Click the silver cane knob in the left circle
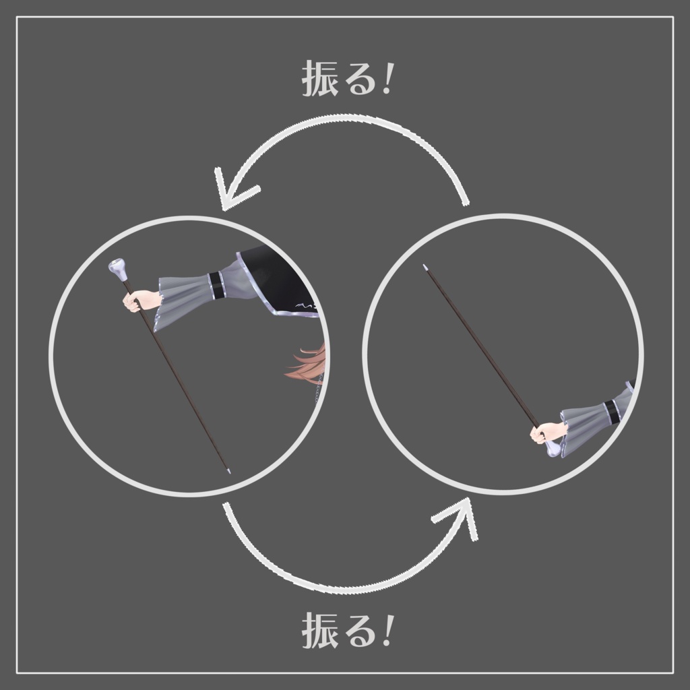point(118,270)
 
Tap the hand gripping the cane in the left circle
point(137,301)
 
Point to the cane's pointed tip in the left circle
point(228,471)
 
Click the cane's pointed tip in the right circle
point(425,267)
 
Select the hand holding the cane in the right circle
point(545,433)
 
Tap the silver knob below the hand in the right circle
point(553,449)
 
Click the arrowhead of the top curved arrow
point(233,190)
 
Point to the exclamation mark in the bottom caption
point(388,631)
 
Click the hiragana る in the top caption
point(360,80)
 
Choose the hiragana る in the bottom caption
point(360,632)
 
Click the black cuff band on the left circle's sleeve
point(215,286)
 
